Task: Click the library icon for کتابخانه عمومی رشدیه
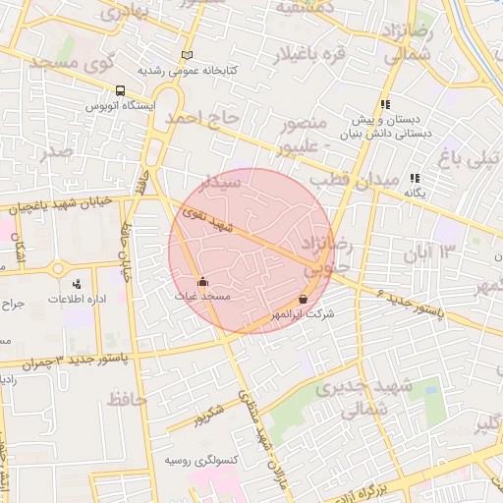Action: (x=187, y=56)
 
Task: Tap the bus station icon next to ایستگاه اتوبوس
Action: (x=120, y=90)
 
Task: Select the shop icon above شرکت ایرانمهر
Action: (x=303, y=299)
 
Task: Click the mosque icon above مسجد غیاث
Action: (x=202, y=281)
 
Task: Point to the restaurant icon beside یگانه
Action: (x=416, y=178)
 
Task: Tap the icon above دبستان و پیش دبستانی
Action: (x=386, y=103)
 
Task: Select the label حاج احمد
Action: (x=202, y=118)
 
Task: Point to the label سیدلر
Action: (x=220, y=184)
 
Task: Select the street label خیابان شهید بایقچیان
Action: (x=64, y=205)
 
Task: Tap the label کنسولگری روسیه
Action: (x=196, y=460)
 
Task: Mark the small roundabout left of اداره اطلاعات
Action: (x=56, y=268)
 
